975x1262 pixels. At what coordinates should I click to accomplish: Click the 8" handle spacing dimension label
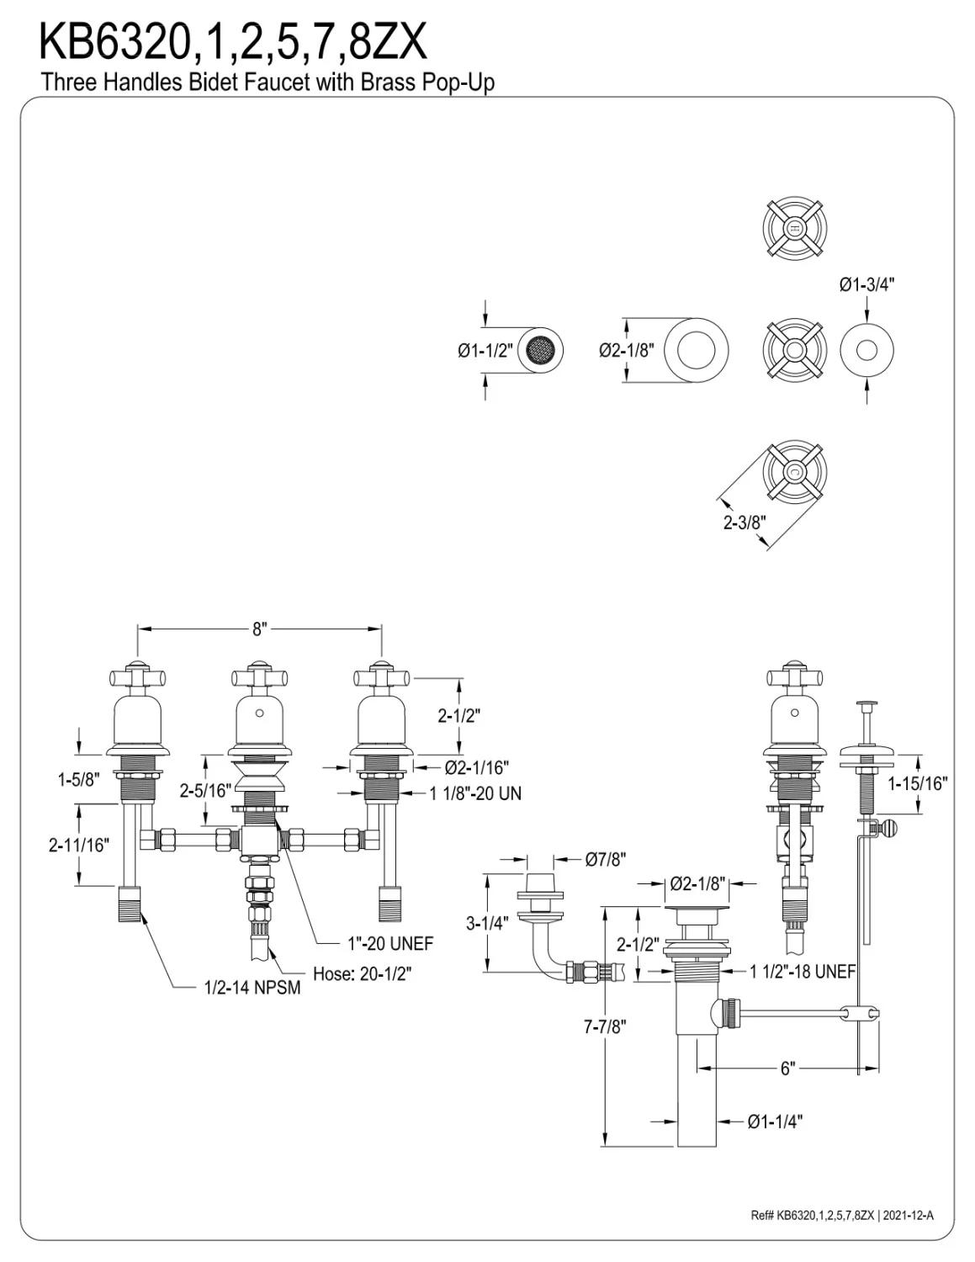[260, 629]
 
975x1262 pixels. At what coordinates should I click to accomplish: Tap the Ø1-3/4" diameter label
[866, 284]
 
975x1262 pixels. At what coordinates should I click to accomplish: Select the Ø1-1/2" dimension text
[486, 351]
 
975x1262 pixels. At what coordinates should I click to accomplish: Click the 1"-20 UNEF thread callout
[390, 944]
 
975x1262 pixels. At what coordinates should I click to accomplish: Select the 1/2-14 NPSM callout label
[252, 987]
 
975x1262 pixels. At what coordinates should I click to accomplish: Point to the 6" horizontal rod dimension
[787, 1068]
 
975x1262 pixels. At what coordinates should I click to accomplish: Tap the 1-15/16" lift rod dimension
[918, 783]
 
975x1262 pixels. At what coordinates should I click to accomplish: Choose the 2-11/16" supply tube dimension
[79, 845]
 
